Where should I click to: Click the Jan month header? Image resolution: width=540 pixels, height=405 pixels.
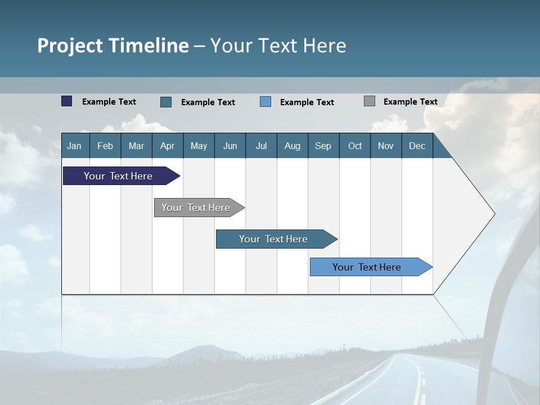click(74, 146)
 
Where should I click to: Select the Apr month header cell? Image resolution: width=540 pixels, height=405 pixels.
click(167, 146)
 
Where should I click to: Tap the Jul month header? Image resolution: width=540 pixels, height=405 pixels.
click(261, 146)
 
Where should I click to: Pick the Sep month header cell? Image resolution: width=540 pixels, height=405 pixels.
click(323, 146)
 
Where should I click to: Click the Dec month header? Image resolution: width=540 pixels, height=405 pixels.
click(417, 146)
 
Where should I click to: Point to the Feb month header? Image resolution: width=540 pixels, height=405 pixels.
click(105, 146)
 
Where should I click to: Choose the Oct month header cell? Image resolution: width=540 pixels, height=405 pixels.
click(355, 146)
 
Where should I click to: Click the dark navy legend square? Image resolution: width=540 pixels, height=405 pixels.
click(67, 101)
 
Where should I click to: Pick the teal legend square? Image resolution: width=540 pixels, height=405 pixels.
click(166, 102)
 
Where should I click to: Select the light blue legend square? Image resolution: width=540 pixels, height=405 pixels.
click(265, 102)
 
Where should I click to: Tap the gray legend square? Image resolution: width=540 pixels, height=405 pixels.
click(370, 101)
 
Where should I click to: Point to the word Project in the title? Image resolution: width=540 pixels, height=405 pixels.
click(70, 46)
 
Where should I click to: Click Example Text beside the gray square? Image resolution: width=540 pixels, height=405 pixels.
click(410, 102)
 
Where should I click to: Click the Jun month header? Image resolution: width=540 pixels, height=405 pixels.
click(230, 146)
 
